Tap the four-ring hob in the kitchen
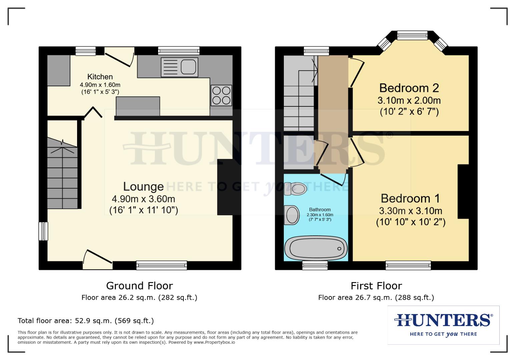click(x=221, y=95)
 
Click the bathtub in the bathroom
click(x=316, y=249)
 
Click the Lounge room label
click(x=143, y=186)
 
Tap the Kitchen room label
click(x=100, y=77)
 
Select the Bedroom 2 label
click(x=409, y=88)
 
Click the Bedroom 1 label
click(x=410, y=198)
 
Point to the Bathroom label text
click(x=320, y=210)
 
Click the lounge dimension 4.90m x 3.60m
click(x=143, y=199)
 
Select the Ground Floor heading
click(x=139, y=286)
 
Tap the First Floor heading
click(x=376, y=286)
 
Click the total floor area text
click(x=86, y=321)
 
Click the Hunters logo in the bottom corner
click(x=443, y=324)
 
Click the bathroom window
click(x=315, y=265)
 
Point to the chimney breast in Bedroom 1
click(x=463, y=191)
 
